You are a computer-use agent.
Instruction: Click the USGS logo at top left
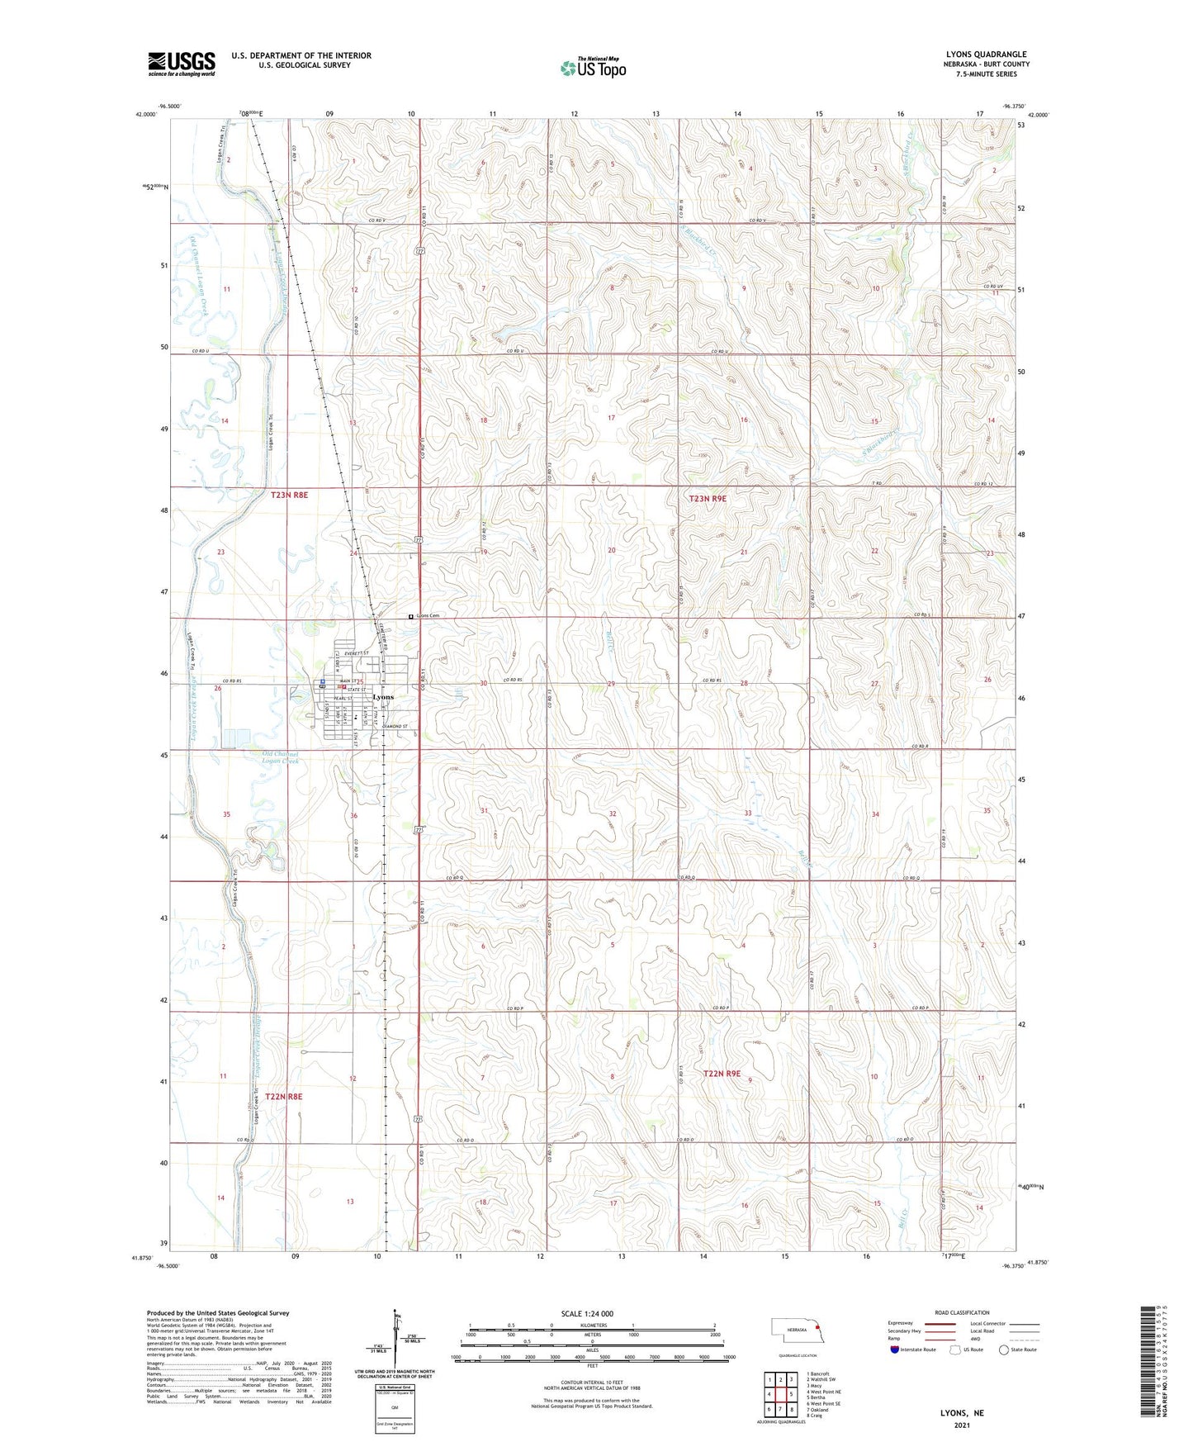pyautogui.click(x=182, y=64)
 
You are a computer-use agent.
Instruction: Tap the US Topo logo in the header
pyautogui.click(x=593, y=69)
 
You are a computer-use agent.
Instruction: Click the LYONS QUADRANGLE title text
pyautogui.click(x=986, y=55)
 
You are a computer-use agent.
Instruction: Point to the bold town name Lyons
pyautogui.click(x=383, y=697)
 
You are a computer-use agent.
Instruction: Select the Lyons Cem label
pyautogui.click(x=428, y=616)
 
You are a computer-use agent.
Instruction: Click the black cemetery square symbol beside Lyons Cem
pyautogui.click(x=411, y=616)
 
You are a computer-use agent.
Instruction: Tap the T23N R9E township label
pyautogui.click(x=708, y=499)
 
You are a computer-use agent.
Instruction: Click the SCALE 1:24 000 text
pyautogui.click(x=587, y=1313)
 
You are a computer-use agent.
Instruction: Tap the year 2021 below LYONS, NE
pyautogui.click(x=962, y=1425)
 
